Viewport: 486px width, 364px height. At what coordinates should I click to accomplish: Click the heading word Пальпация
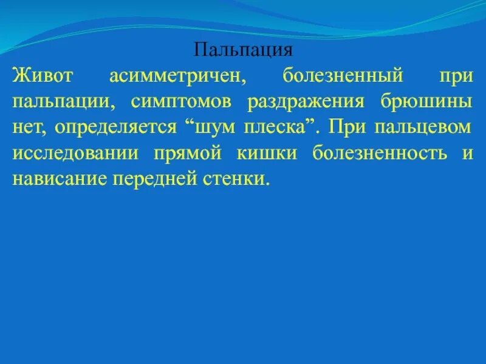coord(244,49)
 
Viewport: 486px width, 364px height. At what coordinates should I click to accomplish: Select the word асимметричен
coord(177,76)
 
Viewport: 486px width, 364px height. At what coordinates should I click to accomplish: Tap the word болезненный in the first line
coord(343,76)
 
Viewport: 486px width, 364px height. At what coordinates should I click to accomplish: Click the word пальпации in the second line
coord(63,103)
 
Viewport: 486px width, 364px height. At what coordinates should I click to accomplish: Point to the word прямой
coord(190,154)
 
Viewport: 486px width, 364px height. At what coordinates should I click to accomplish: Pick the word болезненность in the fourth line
coord(380,154)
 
